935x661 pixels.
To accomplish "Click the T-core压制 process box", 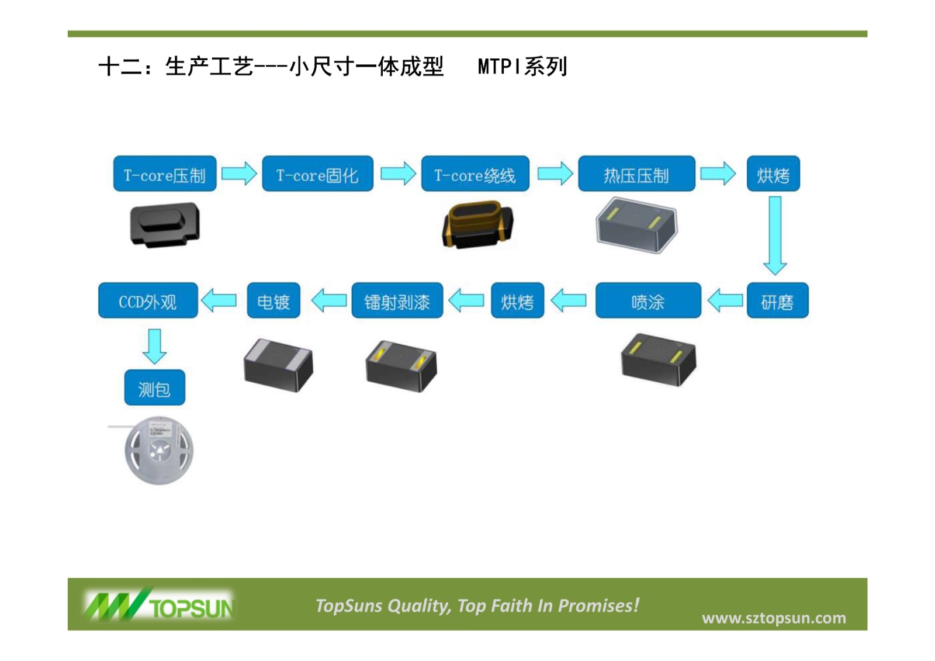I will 165,174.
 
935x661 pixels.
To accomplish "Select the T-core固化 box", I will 317,174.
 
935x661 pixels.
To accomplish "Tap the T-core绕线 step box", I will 475,174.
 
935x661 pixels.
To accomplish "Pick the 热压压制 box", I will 636,174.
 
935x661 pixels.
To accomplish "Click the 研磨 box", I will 777,300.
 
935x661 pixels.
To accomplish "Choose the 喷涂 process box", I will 648,300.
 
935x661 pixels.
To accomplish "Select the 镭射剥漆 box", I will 397,300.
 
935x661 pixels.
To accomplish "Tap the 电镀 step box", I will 273,300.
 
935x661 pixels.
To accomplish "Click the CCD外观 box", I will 148,300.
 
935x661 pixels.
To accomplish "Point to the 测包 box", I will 154,387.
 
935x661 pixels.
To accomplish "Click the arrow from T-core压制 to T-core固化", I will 239,174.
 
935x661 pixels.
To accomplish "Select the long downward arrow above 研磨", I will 775,236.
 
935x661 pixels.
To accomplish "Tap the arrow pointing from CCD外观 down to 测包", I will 154,345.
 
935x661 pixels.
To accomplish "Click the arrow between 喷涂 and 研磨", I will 725,300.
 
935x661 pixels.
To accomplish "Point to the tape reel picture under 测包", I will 158,450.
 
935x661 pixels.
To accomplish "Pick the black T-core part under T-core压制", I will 165,224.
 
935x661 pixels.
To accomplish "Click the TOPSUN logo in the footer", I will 159,605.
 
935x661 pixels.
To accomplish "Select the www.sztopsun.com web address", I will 774,618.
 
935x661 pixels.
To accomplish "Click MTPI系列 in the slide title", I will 522,67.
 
